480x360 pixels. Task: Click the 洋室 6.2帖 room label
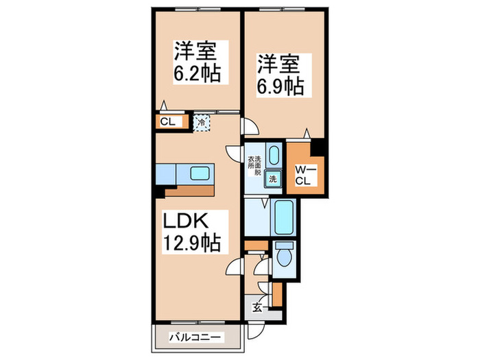click(197, 61)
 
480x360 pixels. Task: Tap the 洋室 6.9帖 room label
click(281, 75)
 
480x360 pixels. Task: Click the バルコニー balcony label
click(195, 337)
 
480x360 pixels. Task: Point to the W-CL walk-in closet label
click(304, 175)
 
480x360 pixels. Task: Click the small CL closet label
click(167, 123)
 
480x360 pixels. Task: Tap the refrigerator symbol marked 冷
click(202, 123)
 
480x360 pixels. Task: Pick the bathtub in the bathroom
click(283, 218)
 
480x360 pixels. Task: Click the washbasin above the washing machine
click(273, 154)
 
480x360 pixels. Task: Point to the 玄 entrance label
click(254, 307)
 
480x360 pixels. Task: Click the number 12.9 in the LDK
click(179, 243)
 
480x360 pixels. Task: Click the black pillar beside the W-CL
click(317, 148)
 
